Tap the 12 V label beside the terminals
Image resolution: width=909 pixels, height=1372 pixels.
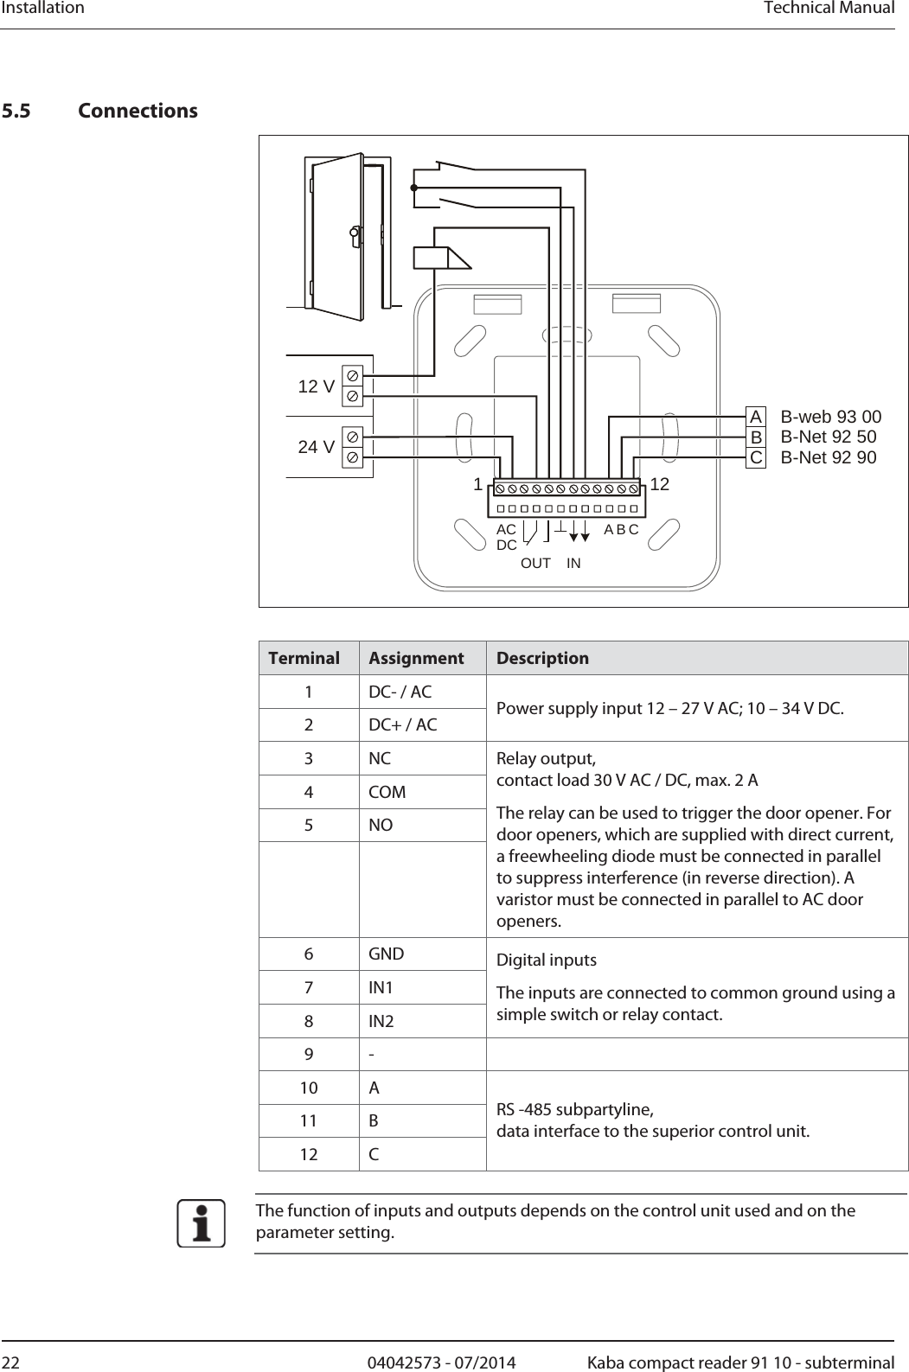316,386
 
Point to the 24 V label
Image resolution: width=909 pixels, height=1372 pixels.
316,447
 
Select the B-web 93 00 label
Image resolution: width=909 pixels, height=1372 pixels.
831,417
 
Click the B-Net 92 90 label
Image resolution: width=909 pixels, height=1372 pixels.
829,457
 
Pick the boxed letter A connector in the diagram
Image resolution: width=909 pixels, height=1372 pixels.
756,417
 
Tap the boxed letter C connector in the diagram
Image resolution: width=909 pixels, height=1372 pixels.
756,457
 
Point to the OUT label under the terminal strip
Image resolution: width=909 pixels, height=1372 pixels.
535,563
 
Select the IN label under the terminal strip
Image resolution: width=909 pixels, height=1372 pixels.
573,563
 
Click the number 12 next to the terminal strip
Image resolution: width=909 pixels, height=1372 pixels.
659,485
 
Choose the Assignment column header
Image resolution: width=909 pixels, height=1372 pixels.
416,658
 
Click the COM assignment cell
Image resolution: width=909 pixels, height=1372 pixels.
387,792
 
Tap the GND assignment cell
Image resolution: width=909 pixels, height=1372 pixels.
386,954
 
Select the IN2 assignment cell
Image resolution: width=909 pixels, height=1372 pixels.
381,1022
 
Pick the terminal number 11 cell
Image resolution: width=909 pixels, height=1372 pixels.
309,1120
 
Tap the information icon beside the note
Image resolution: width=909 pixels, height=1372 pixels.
202,1224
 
